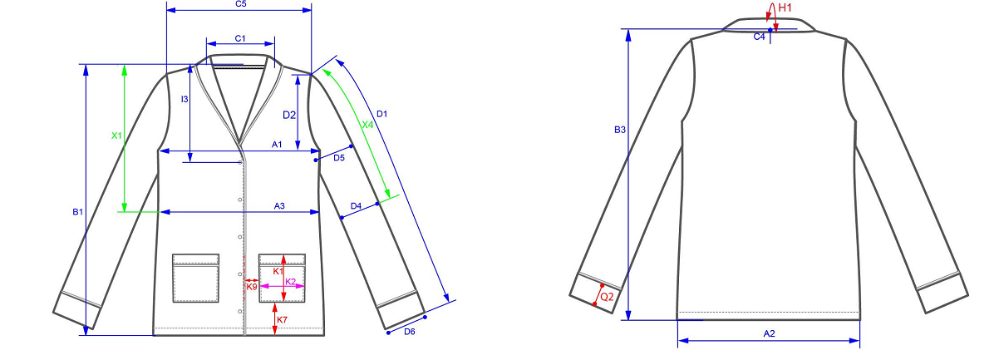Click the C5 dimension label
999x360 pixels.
click(x=240, y=4)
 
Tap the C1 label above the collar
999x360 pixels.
click(x=240, y=39)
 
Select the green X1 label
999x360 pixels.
click(x=116, y=136)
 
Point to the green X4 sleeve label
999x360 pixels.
click(x=367, y=125)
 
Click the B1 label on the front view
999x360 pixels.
click(x=78, y=212)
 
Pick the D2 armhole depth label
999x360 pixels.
click(x=289, y=115)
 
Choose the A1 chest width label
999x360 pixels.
click(x=277, y=145)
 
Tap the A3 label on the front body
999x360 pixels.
click(x=279, y=206)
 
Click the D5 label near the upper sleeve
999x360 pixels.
click(x=339, y=157)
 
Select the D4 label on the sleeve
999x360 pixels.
click(x=356, y=205)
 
